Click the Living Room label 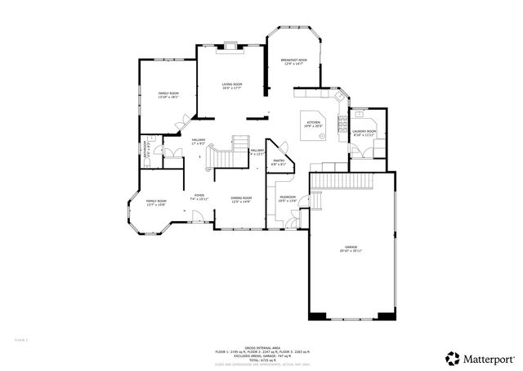coord(233,86)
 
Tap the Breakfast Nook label coord(293,61)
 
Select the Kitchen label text coord(314,124)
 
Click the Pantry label coord(279,162)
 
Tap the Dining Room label coord(240,199)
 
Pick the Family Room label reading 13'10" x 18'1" coord(168,96)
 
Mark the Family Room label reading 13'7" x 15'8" coord(156,202)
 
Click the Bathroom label coord(147,152)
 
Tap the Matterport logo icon coord(452,358)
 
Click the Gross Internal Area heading coord(261,346)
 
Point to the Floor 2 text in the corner coord(21,338)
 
